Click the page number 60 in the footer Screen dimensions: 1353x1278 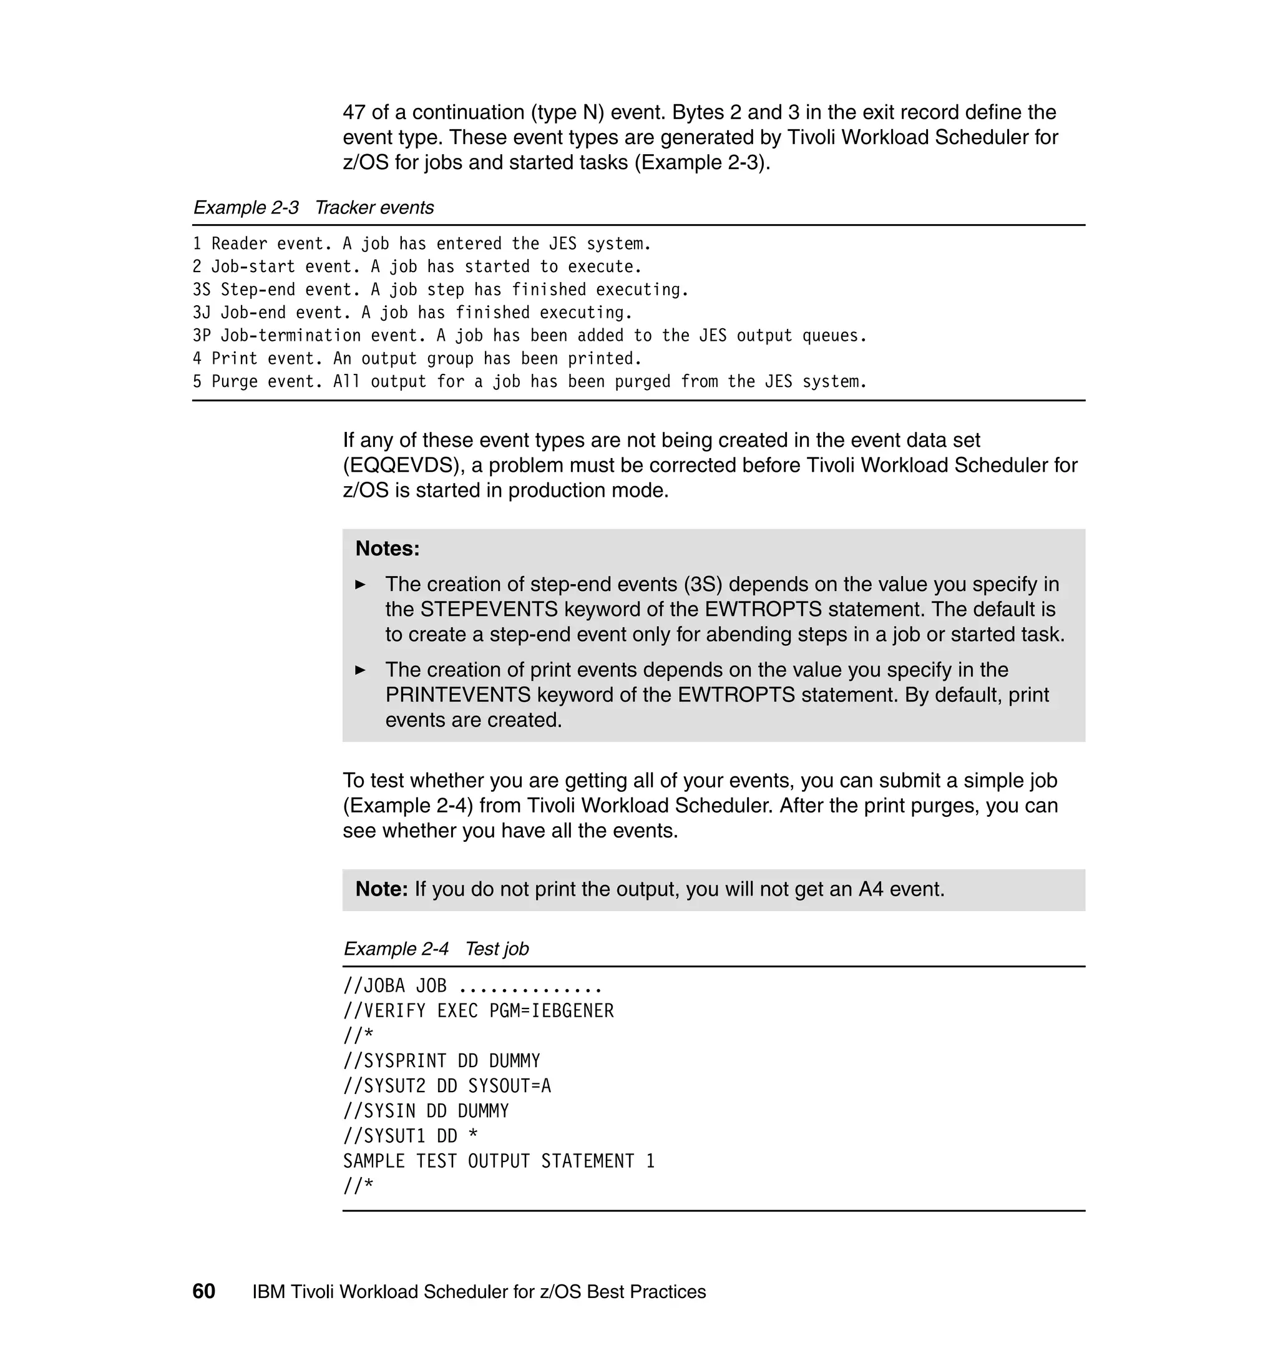[x=203, y=1291]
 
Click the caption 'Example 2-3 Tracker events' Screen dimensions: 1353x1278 [x=313, y=207]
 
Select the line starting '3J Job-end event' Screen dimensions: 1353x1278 [x=412, y=313]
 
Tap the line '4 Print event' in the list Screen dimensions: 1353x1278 [x=417, y=358]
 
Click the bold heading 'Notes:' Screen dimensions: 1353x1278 [x=388, y=549]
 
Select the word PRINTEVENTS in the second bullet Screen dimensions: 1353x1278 [x=458, y=695]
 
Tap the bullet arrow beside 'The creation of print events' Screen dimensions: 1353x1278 [x=361, y=670]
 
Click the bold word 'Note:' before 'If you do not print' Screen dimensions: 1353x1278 [x=381, y=889]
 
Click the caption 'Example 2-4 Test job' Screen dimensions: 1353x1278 [x=436, y=949]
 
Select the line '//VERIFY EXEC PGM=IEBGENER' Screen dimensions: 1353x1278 [x=478, y=1011]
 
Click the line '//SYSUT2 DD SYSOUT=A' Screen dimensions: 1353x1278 [x=447, y=1086]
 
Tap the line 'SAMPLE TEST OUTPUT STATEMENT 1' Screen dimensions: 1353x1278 [x=499, y=1161]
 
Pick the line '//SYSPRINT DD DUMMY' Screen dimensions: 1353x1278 [x=441, y=1061]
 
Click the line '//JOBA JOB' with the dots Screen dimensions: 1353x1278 [x=472, y=986]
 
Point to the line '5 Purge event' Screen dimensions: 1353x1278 [x=529, y=381]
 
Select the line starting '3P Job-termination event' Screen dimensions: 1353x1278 [x=529, y=336]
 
